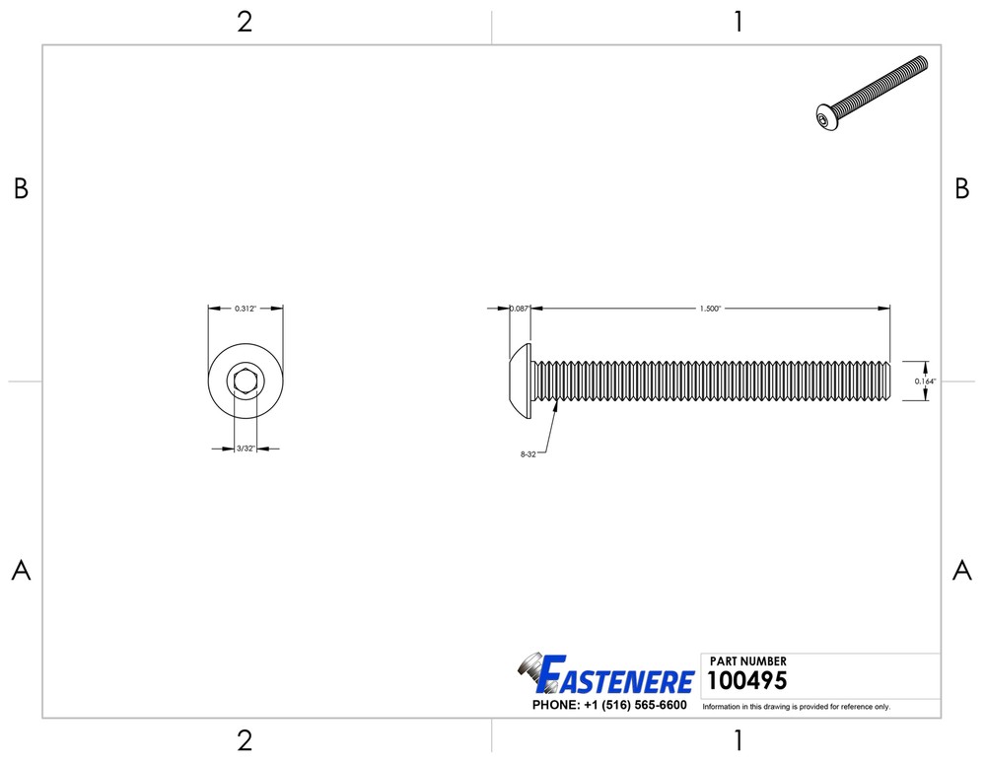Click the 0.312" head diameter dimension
tap(246, 309)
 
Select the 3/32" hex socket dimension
tap(246, 449)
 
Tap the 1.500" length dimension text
tap(710, 309)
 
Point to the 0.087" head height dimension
tap(520, 309)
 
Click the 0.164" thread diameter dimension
tap(925, 381)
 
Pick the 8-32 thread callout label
tap(528, 454)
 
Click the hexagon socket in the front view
tap(246, 381)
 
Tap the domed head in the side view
tap(521, 381)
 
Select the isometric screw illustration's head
tap(827, 117)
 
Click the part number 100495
tap(747, 680)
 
